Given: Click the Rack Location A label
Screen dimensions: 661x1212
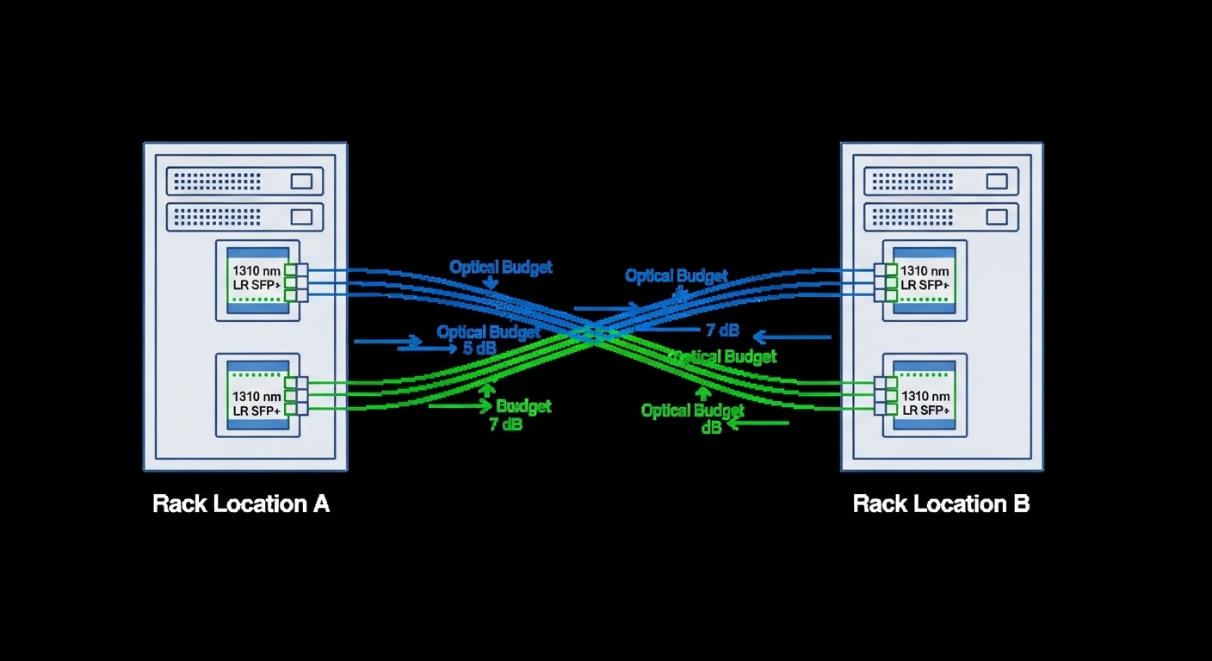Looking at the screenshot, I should (x=241, y=503).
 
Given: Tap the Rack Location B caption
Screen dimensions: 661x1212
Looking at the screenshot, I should (x=941, y=503).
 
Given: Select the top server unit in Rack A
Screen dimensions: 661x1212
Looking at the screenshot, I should (x=244, y=182).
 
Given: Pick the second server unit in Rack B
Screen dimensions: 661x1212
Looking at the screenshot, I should (x=940, y=217).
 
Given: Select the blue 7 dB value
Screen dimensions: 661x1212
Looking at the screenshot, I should (x=722, y=330).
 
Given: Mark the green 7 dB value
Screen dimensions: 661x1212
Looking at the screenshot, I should (x=506, y=424).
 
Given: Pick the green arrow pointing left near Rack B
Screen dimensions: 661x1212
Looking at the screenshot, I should (x=757, y=423).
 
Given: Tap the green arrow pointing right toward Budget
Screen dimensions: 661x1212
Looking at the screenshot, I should (x=461, y=405).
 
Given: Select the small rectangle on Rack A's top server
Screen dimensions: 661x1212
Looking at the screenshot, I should (x=301, y=182).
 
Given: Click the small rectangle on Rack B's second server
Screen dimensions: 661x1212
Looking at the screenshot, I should (x=997, y=217).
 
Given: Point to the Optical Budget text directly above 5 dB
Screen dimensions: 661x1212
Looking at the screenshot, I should (x=488, y=332).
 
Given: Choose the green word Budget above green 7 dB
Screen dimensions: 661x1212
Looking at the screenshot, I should (x=523, y=406).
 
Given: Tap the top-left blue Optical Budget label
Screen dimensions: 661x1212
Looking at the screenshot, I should (x=500, y=268).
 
